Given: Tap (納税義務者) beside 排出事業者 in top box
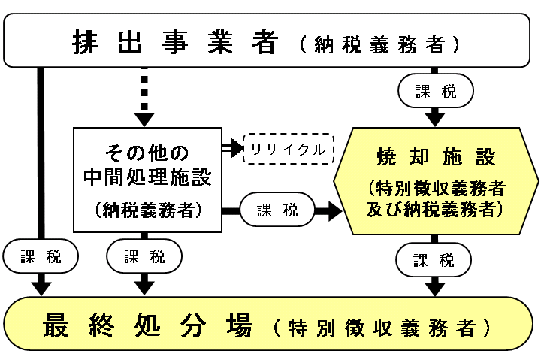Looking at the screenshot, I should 379,43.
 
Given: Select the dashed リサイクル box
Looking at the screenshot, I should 288,150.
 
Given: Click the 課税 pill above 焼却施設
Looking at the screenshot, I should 435,92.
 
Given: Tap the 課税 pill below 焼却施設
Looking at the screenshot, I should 434,260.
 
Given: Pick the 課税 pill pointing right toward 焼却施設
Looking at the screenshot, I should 277,211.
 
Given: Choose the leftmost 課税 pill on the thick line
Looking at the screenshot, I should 41,257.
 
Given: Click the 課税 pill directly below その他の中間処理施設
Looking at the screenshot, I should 144,257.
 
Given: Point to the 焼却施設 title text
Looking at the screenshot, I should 435,158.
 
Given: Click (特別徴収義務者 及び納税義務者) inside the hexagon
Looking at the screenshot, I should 435,198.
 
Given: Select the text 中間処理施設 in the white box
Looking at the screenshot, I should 147,178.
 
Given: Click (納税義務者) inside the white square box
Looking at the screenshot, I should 147,210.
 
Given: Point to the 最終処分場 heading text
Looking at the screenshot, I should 147,328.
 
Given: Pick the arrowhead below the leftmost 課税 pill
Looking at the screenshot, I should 41,286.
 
